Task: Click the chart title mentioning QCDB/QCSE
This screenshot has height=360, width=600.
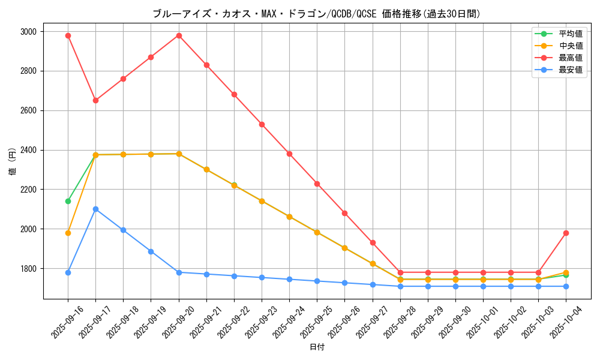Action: click(316, 14)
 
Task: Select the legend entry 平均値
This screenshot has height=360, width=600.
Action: click(570, 34)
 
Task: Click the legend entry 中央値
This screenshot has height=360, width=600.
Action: click(570, 46)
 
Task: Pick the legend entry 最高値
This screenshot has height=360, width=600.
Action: click(570, 58)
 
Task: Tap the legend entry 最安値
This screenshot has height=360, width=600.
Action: click(570, 70)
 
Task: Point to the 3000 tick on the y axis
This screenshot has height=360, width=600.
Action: click(28, 31)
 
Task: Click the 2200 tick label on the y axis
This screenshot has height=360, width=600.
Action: click(28, 190)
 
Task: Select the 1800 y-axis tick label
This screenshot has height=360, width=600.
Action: click(28, 269)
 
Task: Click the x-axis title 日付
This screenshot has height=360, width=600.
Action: click(317, 347)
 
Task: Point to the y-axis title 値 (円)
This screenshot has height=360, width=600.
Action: click(12, 162)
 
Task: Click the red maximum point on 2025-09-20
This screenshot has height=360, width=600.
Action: click(179, 35)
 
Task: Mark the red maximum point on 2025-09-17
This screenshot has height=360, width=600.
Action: click(95, 100)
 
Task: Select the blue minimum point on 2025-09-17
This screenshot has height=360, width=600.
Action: click(95, 209)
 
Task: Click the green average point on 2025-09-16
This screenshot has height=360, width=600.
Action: click(68, 201)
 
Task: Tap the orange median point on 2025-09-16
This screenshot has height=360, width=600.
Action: click(68, 233)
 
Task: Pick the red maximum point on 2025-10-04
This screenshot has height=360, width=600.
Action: click(566, 233)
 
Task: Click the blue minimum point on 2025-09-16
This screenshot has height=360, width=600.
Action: click(68, 272)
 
